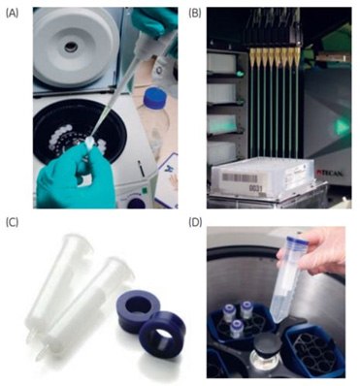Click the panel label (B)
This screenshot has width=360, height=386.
click(x=194, y=12)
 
